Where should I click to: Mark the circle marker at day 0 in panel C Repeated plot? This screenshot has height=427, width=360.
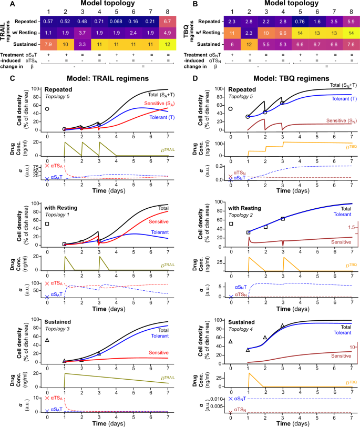47,109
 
